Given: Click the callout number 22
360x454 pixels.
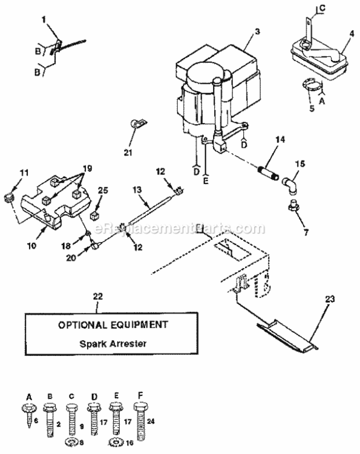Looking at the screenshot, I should click(x=97, y=297).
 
